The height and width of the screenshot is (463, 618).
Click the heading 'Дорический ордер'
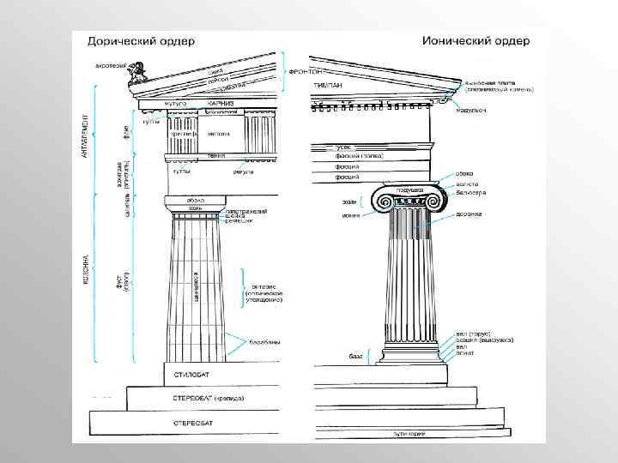point(138,41)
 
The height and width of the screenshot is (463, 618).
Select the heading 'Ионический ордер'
point(476,41)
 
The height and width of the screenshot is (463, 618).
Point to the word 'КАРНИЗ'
point(221,103)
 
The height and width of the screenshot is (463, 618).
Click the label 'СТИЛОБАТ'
point(190,375)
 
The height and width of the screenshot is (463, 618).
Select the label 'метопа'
point(218,134)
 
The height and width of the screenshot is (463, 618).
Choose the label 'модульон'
point(473,111)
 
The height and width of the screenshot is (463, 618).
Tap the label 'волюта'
point(466,183)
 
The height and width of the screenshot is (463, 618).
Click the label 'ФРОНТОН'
point(305,72)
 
